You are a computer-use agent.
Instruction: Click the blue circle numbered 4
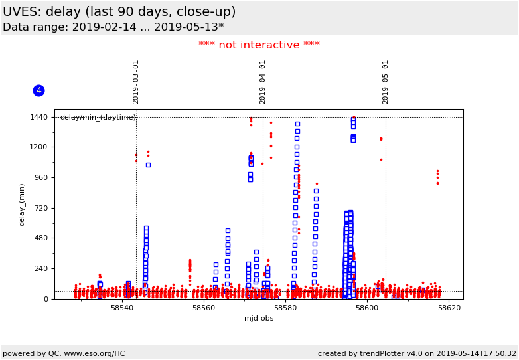coord(38,90)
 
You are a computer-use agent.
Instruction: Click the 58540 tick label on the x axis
coord(122,308)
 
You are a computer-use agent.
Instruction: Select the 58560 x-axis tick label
coord(204,308)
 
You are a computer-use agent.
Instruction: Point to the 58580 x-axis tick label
coord(285,308)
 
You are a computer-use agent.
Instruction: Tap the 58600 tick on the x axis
coord(367,308)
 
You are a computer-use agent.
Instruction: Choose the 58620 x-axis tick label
coord(449,308)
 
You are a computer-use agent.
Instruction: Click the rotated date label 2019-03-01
coord(136,82)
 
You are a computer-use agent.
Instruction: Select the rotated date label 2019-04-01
coord(263,82)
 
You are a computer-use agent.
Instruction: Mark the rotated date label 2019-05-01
coord(386,82)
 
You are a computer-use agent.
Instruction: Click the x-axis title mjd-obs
coord(259,318)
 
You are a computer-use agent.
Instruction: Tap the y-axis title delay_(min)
coord(22,205)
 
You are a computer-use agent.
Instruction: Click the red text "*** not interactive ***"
coord(259,45)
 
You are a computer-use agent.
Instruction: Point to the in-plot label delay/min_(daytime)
coord(98,118)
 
